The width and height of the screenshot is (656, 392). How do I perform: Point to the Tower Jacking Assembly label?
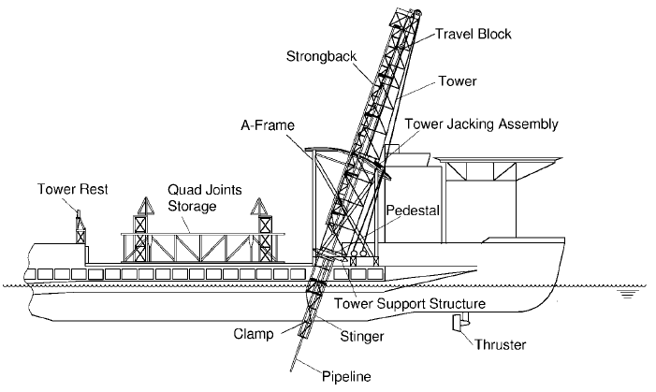481,124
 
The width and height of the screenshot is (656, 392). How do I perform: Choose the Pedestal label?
413,200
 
